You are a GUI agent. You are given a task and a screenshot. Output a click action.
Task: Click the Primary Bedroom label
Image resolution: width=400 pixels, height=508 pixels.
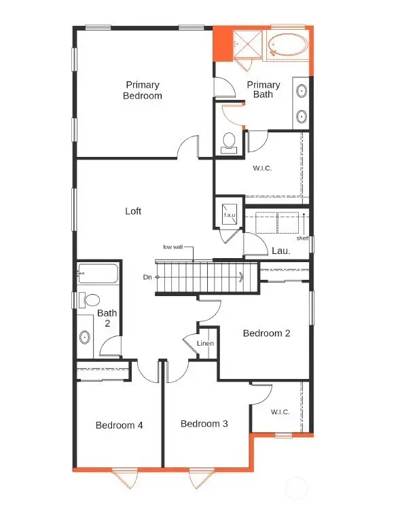pyautogui.click(x=143, y=90)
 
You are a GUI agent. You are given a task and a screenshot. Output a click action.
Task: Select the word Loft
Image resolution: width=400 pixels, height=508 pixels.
pyautogui.click(x=133, y=211)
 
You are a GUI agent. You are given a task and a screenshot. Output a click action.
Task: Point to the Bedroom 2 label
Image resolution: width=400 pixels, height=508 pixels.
pyautogui.click(x=267, y=333)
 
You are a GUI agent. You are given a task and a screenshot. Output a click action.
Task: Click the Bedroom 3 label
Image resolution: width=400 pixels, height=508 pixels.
pyautogui.click(x=204, y=424)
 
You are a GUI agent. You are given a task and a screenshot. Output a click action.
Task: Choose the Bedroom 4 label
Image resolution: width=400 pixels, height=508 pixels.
pyautogui.click(x=119, y=426)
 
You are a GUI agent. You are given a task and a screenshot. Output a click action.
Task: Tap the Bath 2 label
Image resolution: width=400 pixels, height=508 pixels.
pyautogui.click(x=107, y=319)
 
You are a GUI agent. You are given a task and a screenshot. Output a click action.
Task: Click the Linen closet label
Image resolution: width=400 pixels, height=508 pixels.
pyautogui.click(x=206, y=344)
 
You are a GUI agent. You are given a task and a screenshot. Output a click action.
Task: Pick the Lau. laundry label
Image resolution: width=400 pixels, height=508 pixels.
pyautogui.click(x=281, y=251)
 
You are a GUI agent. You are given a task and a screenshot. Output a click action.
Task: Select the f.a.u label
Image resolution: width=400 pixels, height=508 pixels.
pyautogui.click(x=230, y=215)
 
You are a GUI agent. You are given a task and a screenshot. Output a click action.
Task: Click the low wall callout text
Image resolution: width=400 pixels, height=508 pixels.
pyautogui.click(x=174, y=247)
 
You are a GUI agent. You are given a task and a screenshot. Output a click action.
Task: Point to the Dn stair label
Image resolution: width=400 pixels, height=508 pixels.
pyautogui.click(x=147, y=276)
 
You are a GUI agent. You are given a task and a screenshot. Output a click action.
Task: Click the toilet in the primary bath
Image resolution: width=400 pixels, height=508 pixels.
pyautogui.click(x=229, y=141)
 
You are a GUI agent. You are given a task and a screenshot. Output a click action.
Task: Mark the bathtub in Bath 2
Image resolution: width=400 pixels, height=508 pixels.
pyautogui.click(x=98, y=274)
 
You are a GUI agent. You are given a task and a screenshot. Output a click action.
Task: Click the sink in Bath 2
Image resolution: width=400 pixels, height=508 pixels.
pyautogui.click(x=85, y=336)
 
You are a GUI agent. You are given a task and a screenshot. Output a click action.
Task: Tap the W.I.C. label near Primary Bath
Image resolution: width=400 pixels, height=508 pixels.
pyautogui.click(x=262, y=168)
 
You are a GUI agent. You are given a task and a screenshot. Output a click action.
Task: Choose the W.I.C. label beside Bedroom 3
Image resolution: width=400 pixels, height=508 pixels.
pyautogui.click(x=280, y=412)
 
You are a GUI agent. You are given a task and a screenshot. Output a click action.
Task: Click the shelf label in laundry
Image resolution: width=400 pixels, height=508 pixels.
pyautogui.click(x=302, y=238)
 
